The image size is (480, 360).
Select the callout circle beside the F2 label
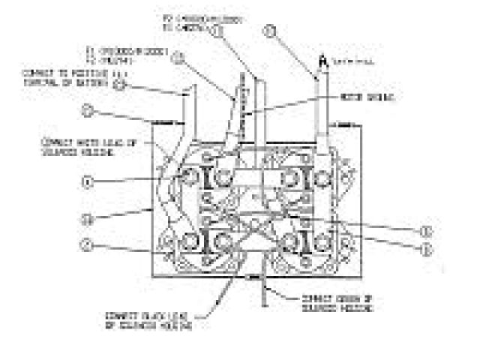[217, 31]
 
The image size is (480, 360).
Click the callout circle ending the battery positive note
[119, 84]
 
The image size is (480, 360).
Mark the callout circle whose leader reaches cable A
[271, 31]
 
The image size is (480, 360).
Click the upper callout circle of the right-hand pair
[427, 230]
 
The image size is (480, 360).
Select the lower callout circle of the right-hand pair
[427, 247]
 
